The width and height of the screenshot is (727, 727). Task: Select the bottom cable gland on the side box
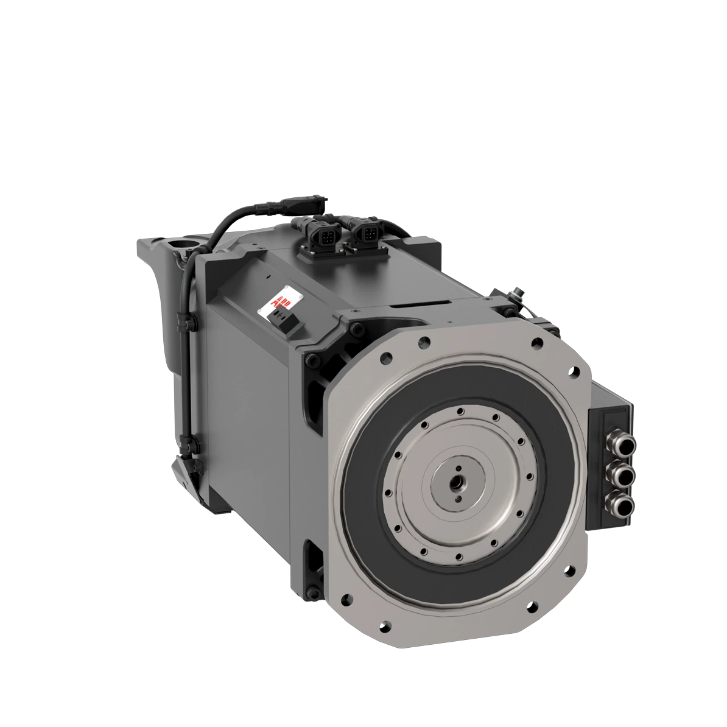[620, 502]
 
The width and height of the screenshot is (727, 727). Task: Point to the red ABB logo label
[285, 301]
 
